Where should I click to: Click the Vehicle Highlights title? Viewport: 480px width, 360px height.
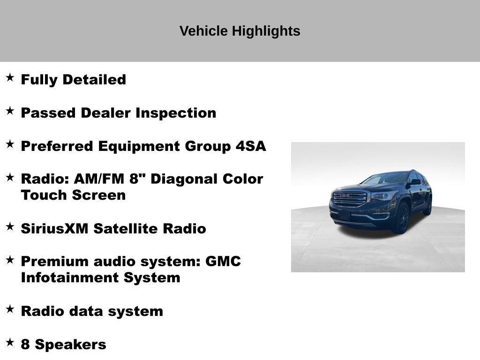coord(240,31)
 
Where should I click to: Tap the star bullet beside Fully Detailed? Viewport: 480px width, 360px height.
coord(10,77)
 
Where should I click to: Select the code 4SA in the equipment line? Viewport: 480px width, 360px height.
coord(250,146)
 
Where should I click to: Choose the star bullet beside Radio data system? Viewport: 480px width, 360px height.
coord(10,309)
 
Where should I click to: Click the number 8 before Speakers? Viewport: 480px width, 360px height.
coord(25,345)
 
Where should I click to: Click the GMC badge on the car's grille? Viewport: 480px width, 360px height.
coord(346,195)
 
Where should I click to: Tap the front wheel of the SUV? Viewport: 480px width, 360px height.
coord(402,218)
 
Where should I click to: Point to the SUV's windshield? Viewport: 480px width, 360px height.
coord(385,179)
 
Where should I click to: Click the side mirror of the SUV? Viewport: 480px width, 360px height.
coord(415,182)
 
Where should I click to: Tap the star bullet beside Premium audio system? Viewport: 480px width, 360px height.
coord(10,259)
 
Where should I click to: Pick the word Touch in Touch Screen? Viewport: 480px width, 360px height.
coord(44,195)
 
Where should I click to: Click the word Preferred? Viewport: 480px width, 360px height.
coord(57,146)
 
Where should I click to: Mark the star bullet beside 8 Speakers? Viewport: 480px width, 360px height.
coord(10,342)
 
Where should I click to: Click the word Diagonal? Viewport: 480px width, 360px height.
coord(185,179)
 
